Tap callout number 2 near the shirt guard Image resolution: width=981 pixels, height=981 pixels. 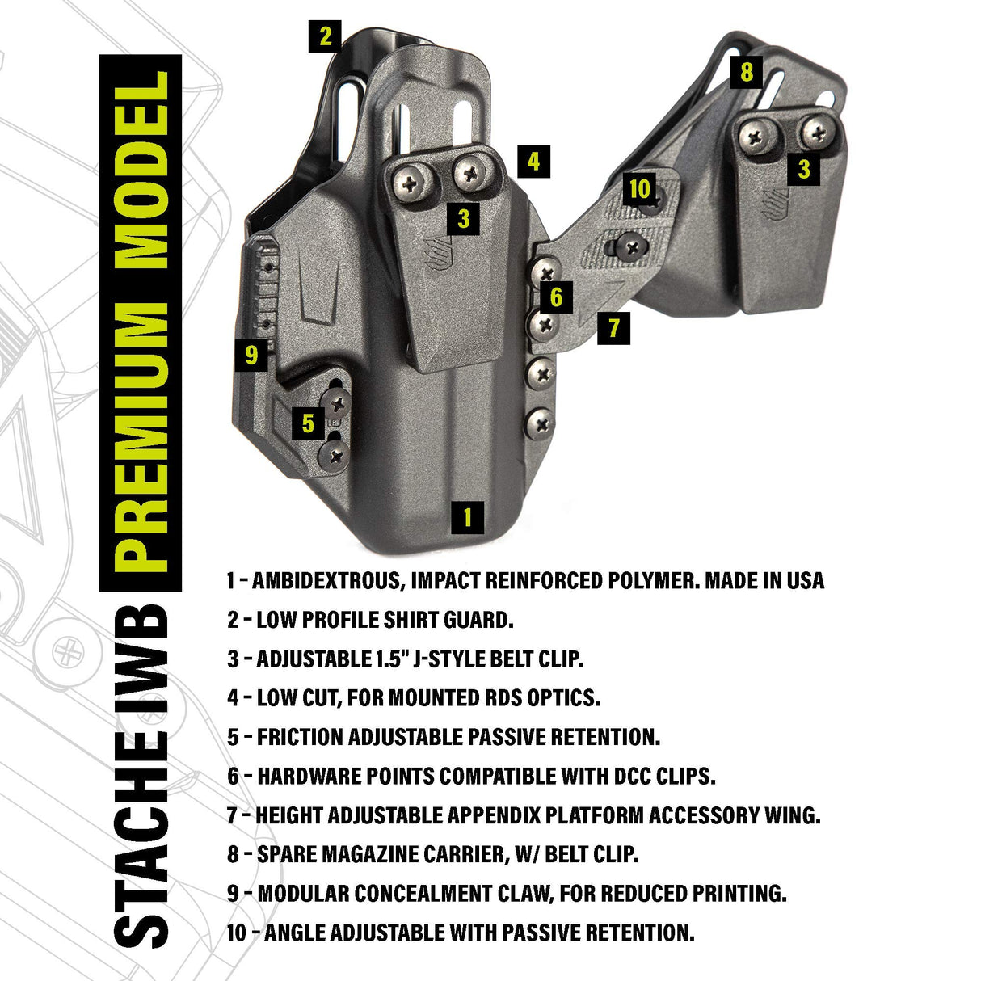coord(324,36)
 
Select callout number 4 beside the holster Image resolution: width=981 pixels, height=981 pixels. coord(533,162)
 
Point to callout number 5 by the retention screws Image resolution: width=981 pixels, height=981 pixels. coord(308,423)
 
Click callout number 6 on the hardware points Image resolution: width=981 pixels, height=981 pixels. coord(556,297)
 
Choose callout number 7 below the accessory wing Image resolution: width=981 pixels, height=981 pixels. coord(614,328)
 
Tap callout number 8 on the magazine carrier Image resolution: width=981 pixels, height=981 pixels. coord(746,72)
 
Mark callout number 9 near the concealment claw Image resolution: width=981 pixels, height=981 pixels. coord(251,355)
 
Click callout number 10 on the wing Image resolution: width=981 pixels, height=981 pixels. coord(639,189)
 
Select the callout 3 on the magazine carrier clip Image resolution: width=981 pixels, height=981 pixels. coord(804,169)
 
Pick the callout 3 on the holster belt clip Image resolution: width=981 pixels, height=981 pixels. coord(463,218)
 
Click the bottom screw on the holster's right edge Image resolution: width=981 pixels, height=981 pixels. coord(540,421)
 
